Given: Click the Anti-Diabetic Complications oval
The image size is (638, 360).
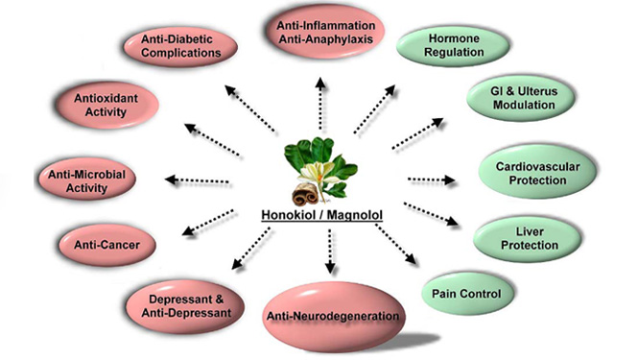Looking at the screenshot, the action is tap(180, 46).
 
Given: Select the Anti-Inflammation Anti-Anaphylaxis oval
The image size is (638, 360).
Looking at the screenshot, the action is tap(325, 32).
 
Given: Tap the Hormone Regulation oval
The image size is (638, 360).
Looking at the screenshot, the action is tap(453, 46).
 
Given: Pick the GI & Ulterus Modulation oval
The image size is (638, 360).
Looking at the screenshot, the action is tap(521, 98).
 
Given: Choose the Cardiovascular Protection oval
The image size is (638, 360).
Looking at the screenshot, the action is tap(537, 173).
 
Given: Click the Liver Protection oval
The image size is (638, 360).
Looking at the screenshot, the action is tap(528, 239).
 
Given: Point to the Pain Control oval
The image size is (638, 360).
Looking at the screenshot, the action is tap(467, 294).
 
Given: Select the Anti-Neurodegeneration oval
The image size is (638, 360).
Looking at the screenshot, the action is tap(333, 317).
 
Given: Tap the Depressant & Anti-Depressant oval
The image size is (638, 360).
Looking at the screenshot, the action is tap(185, 306).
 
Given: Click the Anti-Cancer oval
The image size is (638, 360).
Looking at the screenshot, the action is tap(107, 245).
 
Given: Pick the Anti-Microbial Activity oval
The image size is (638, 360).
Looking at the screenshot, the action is tap(86, 180).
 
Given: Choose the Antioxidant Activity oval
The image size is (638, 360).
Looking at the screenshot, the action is tap(106, 105).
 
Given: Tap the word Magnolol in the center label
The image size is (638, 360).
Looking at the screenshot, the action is tap(355, 215).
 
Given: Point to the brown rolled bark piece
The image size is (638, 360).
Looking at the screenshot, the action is tap(305, 194).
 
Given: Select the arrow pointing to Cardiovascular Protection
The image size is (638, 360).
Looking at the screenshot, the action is tap(432, 180).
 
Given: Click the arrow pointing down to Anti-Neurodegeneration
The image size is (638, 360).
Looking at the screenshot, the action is tap(330, 252).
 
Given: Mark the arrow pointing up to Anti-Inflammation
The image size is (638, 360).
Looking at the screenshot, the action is tap(321, 104).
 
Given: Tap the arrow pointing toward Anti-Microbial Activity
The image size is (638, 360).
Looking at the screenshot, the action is tap(198, 180).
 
